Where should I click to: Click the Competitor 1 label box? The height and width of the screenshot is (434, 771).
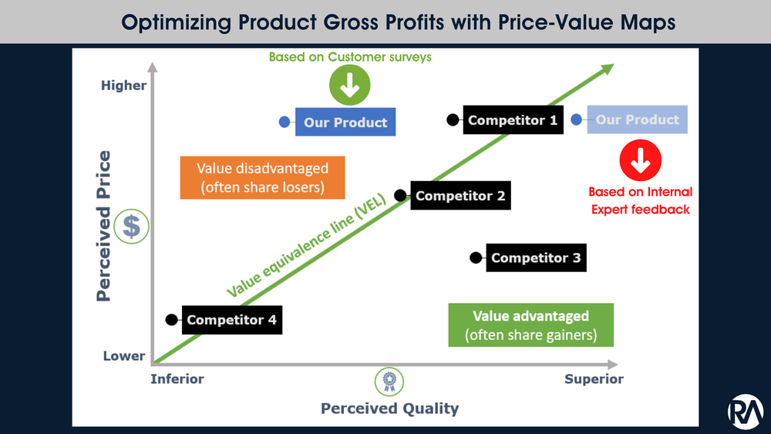(513, 120)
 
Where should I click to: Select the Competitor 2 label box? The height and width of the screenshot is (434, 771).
(460, 196)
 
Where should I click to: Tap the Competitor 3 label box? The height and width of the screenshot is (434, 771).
(536, 257)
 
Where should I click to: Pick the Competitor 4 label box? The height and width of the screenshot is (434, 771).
(231, 320)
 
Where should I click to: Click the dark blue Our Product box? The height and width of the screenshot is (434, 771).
(345, 122)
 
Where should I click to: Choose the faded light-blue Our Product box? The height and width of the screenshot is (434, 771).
(637, 119)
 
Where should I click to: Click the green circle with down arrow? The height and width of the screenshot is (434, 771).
(349, 86)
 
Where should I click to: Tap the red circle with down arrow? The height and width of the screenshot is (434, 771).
(640, 163)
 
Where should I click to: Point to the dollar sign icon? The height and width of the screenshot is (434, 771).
(133, 226)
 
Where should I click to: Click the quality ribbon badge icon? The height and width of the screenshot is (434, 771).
(389, 380)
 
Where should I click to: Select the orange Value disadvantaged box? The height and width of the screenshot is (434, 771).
(262, 178)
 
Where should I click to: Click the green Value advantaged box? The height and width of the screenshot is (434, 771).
(530, 325)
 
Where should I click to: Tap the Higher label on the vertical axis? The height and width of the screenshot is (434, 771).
(123, 86)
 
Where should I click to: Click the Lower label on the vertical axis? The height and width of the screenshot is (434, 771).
(124, 356)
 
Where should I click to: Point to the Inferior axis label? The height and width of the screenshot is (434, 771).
(177, 378)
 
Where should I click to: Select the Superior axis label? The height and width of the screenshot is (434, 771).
(594, 378)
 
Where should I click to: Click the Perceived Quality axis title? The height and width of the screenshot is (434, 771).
(389, 409)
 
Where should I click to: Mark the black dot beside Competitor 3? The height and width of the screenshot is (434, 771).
(476, 257)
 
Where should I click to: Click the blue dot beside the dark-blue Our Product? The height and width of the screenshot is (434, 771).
(284, 121)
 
